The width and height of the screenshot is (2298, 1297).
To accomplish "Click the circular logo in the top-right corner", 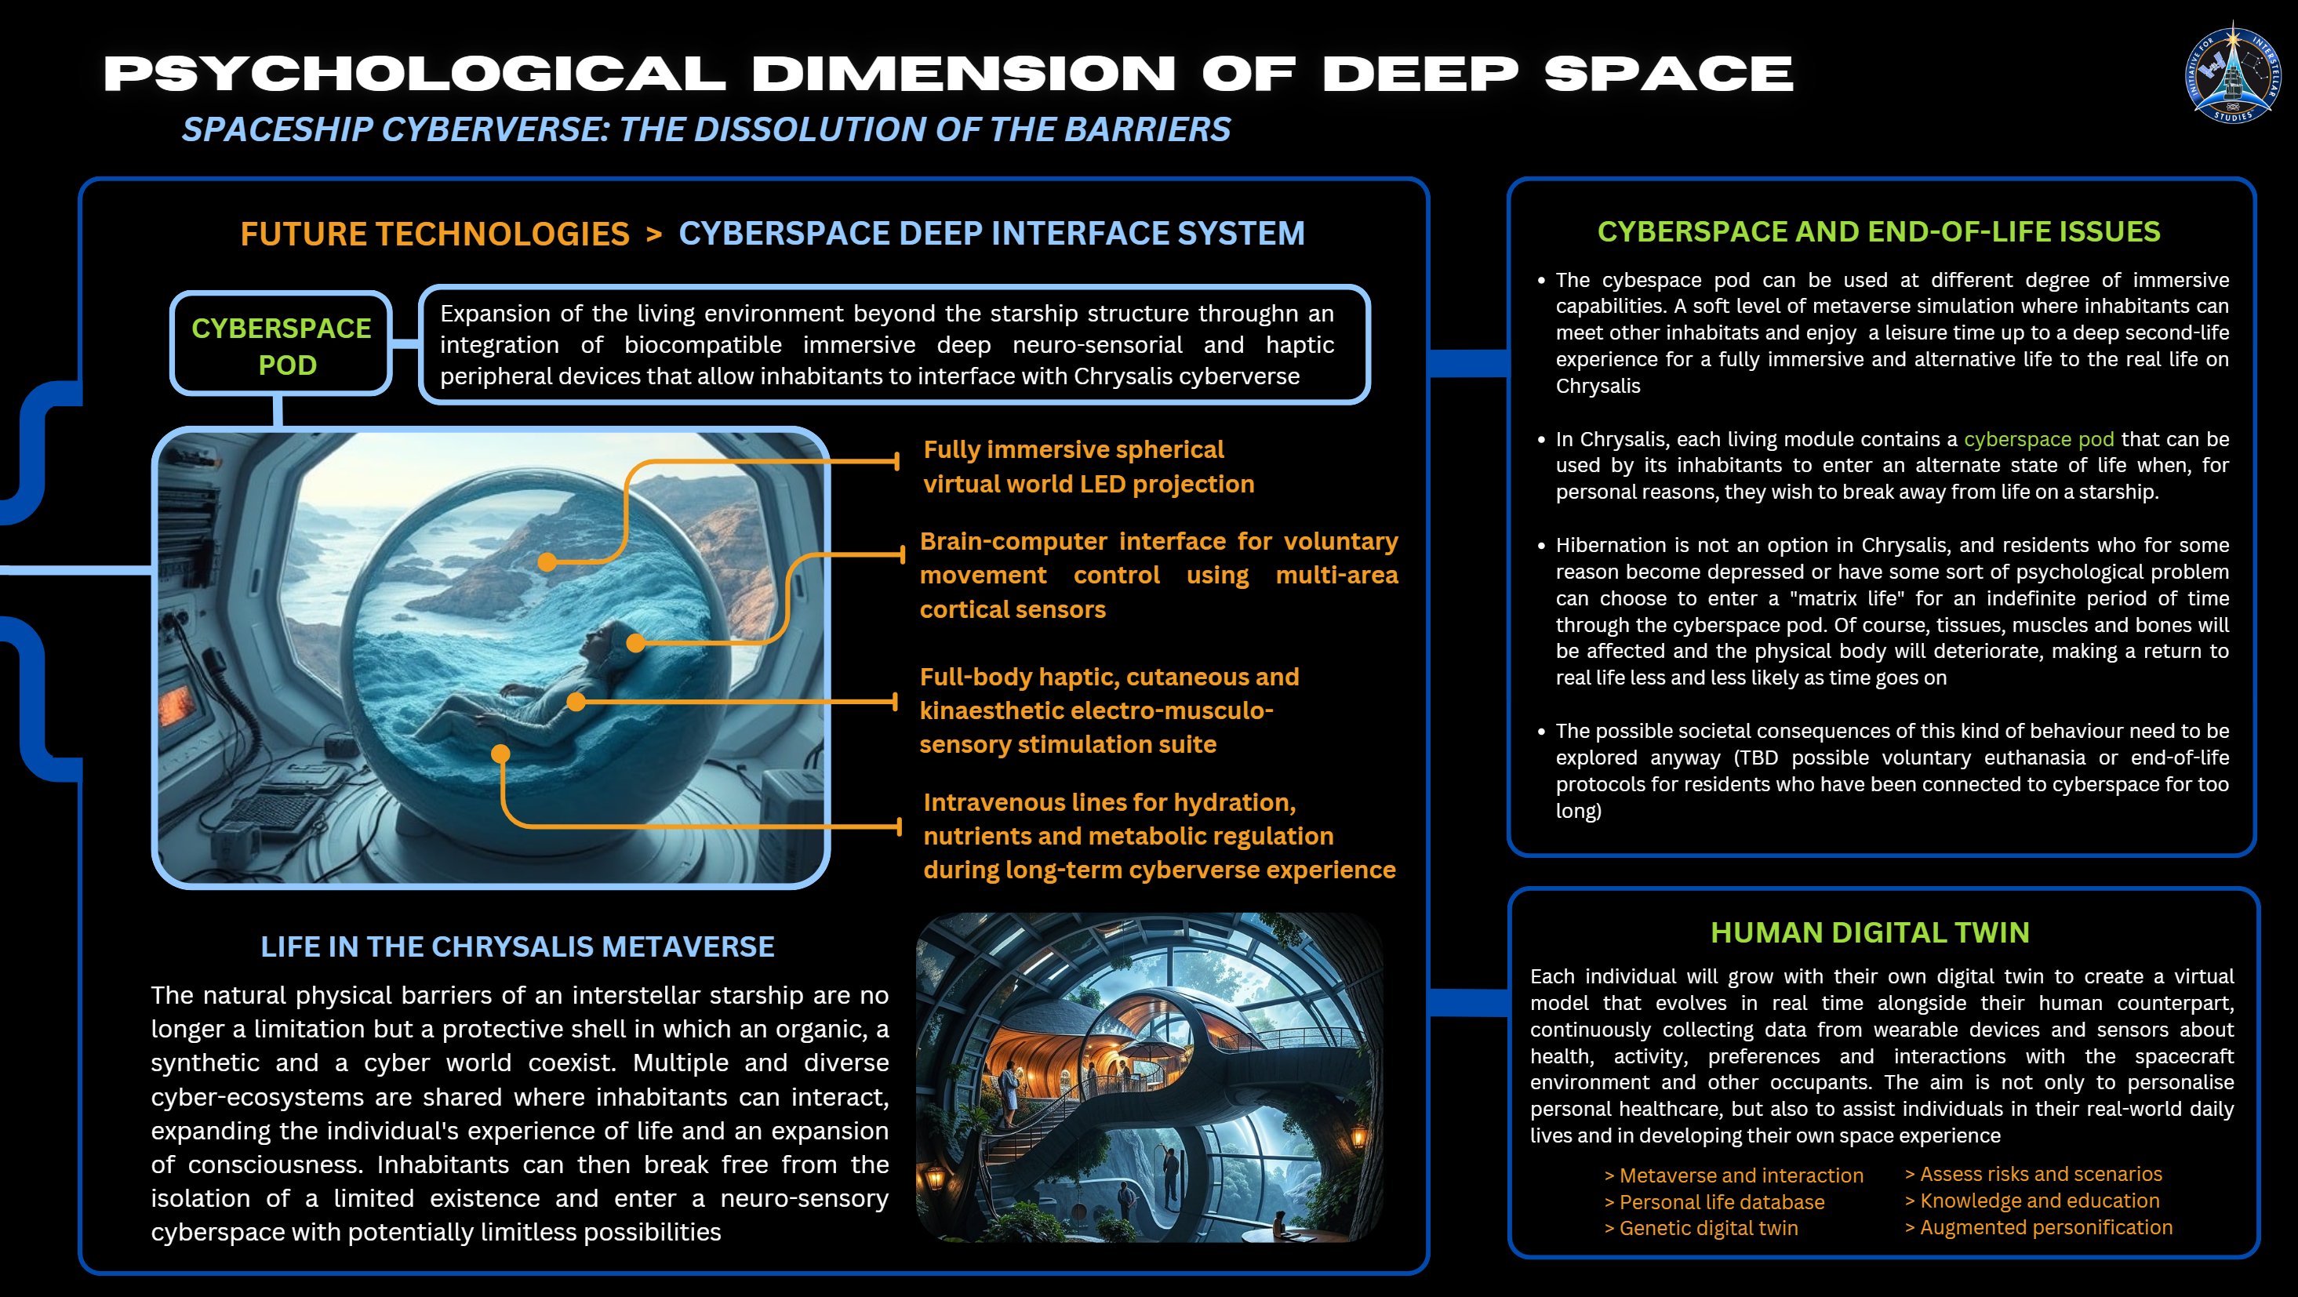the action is (2233, 72).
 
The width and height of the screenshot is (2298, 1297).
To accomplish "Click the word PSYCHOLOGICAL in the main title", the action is (416, 74).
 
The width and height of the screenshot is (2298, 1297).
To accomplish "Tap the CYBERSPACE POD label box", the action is (281, 344).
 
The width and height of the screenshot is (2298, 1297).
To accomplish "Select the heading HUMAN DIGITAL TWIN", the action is (1870, 932).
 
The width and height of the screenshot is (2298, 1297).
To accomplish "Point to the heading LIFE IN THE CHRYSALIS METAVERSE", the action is (518, 946).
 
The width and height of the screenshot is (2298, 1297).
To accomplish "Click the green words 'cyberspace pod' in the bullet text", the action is (2038, 439).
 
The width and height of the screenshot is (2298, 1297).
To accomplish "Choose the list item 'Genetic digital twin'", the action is (1701, 1228).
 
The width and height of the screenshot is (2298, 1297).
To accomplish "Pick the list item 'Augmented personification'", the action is (2038, 1227).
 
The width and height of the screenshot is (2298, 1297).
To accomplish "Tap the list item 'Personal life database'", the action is (1714, 1201).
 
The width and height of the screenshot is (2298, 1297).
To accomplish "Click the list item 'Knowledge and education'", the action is (2032, 1201).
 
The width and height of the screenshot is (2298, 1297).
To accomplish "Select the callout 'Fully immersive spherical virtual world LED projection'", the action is (1089, 467).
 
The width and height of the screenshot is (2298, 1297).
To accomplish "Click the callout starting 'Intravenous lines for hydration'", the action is (1159, 836).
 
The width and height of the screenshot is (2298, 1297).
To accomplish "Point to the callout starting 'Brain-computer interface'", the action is (1159, 576).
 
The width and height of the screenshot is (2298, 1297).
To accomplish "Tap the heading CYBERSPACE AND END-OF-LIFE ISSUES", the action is (1878, 232).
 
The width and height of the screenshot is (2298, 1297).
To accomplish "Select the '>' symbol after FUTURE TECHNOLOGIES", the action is (654, 234).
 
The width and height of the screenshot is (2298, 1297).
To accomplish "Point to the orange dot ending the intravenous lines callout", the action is (500, 754).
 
